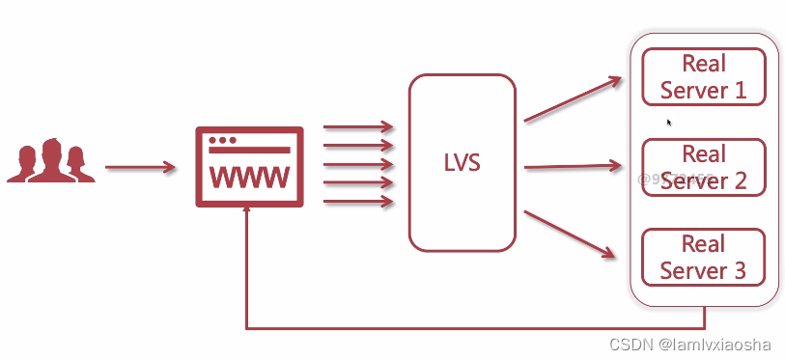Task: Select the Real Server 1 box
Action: tap(703, 76)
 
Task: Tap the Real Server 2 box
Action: tap(703, 167)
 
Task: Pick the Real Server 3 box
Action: tap(703, 257)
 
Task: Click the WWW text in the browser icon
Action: tap(249, 178)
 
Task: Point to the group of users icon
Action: tap(51, 161)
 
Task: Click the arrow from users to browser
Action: tap(140, 168)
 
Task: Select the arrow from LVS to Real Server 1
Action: tap(574, 99)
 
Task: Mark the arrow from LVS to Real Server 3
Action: tap(570, 235)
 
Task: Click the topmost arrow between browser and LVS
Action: tap(358, 126)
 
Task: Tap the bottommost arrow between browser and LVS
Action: tap(358, 202)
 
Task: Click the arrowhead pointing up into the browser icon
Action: tap(248, 215)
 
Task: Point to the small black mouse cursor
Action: tap(668, 123)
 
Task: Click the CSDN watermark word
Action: tap(631, 344)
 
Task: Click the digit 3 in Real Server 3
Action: tap(740, 270)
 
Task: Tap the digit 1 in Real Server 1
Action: tap(741, 91)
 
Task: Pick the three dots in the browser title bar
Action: tap(222, 140)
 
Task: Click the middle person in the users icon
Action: tap(50, 160)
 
